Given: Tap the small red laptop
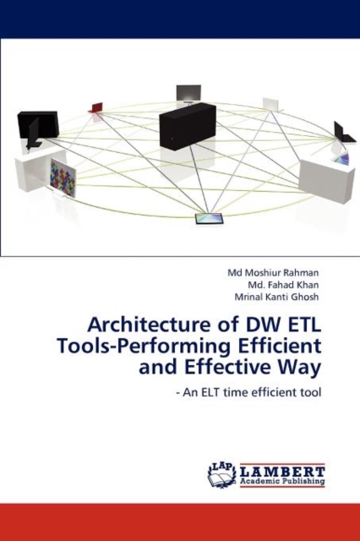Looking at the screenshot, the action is (x=95, y=107).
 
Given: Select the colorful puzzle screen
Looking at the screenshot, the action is (x=63, y=178).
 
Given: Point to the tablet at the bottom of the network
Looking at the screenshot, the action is (x=210, y=219).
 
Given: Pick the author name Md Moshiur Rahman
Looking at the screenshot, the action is (x=273, y=273).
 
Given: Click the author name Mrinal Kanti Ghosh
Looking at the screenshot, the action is (x=276, y=297).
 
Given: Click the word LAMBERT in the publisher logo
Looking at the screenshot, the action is (x=282, y=472).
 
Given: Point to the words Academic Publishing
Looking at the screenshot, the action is (x=282, y=481).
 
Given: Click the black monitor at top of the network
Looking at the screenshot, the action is (x=188, y=93).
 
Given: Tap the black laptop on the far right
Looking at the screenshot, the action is (x=344, y=134).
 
